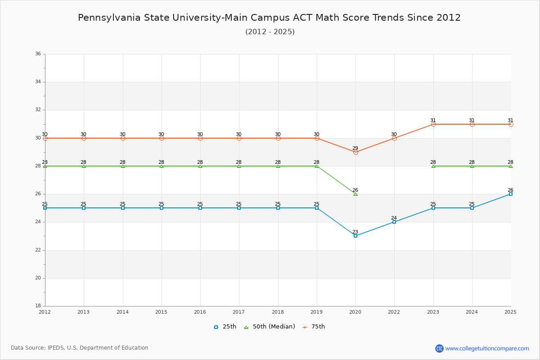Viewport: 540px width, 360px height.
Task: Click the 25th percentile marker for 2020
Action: [x=355, y=236]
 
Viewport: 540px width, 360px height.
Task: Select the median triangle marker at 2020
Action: [x=355, y=194]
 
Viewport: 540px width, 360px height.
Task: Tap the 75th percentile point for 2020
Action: [x=355, y=152]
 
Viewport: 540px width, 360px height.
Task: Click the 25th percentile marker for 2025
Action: [x=511, y=194]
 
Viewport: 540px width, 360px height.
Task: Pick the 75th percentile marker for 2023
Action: [x=433, y=124]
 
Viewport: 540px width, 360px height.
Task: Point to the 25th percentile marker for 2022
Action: [x=394, y=222]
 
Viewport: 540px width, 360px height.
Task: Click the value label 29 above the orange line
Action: [x=355, y=148]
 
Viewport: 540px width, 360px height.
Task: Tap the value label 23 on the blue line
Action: [x=355, y=232]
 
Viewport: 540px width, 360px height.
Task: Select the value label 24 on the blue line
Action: [x=394, y=218]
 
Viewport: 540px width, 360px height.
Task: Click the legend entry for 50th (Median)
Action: [x=270, y=327]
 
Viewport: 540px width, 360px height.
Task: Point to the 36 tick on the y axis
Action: [x=38, y=54]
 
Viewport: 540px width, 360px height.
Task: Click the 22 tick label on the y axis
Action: [x=38, y=250]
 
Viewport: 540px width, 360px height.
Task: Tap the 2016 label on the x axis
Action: [x=200, y=312]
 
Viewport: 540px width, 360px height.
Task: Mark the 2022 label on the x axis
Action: [x=394, y=312]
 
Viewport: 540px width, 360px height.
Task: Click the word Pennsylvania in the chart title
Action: [x=109, y=18]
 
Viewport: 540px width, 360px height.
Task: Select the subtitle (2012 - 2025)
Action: [x=270, y=32]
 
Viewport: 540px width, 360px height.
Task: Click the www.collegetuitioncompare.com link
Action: [x=487, y=348]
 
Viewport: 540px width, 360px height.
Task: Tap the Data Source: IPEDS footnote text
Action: [x=80, y=348]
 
